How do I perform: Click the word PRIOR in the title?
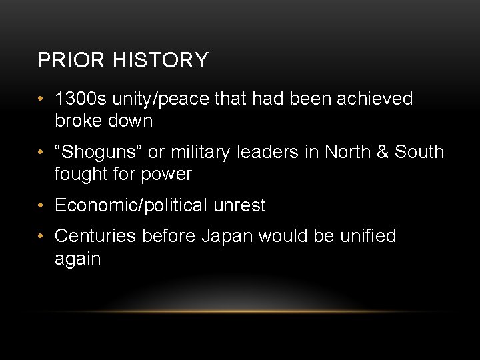tap(61, 61)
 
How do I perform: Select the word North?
tap(350, 152)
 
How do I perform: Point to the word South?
tap(419, 152)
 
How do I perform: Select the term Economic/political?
tap(131, 205)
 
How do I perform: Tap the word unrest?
tap(239, 205)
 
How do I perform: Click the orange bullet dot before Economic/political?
tap(41, 206)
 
